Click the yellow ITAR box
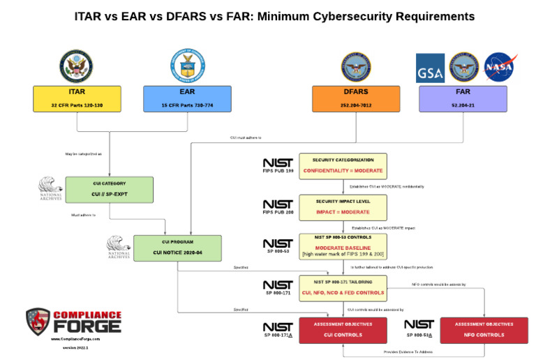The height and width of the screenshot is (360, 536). pyautogui.click(x=76, y=99)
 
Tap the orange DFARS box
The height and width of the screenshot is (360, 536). pyautogui.click(x=356, y=99)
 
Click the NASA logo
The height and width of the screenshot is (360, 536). pyautogui.click(x=498, y=68)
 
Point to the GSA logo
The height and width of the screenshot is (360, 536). pyautogui.click(x=430, y=68)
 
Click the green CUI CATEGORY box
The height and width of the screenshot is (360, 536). pyautogui.click(x=109, y=190)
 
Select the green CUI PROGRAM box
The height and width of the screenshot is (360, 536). pyautogui.click(x=177, y=248)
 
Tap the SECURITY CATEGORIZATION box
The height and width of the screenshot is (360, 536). pyautogui.click(x=343, y=166)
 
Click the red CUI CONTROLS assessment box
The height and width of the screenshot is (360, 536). pyautogui.click(x=343, y=329)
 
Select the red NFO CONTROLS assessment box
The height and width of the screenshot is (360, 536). pyautogui.click(x=484, y=329)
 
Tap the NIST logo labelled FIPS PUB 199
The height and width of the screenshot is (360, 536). pyautogui.click(x=277, y=165)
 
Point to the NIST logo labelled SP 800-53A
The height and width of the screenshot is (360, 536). pyautogui.click(x=419, y=327)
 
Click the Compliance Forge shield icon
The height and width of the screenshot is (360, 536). pyautogui.click(x=38, y=322)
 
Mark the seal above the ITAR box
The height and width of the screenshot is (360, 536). pyautogui.click(x=76, y=65)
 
